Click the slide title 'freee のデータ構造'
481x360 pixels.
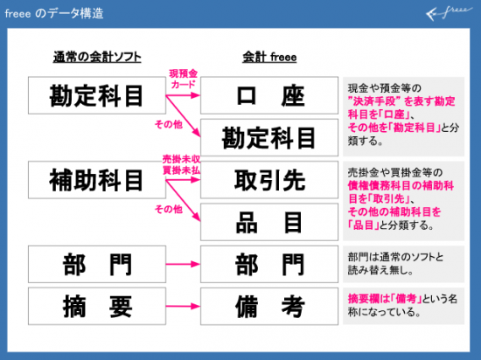[54, 14]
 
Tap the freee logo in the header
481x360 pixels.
[450, 13]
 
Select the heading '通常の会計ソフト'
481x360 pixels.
[97, 57]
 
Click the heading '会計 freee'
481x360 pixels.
[269, 57]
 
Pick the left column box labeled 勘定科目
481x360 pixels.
[97, 95]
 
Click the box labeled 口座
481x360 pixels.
[269, 95]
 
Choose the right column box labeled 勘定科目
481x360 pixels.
[269, 137]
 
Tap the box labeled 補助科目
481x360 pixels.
[97, 180]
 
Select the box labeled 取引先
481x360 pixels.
[269, 180]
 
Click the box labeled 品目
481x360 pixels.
[269, 222]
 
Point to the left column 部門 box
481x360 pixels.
[97, 264]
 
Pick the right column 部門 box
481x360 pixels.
[269, 264]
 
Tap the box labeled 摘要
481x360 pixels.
[97, 306]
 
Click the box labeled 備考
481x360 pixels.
[269, 306]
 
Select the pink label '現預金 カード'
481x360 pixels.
[183, 79]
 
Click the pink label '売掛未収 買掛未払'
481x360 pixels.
[181, 164]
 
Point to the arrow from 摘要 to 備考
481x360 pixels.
[183, 306]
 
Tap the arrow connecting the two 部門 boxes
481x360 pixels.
[183, 264]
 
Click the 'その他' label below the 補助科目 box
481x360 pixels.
[169, 209]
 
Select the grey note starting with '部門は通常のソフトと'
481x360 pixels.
[403, 264]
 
